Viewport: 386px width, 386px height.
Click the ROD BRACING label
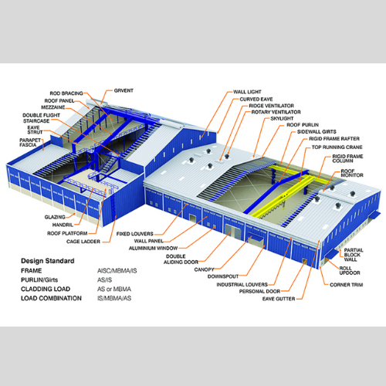(x=66, y=93)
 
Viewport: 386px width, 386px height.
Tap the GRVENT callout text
(x=124, y=90)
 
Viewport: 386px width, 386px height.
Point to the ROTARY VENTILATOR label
(x=276, y=112)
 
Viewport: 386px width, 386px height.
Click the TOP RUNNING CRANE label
(x=337, y=147)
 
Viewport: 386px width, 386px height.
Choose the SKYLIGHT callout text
(x=282, y=118)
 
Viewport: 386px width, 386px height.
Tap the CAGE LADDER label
(x=83, y=242)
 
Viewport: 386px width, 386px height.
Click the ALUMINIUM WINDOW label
(x=153, y=248)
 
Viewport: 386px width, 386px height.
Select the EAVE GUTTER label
(x=279, y=299)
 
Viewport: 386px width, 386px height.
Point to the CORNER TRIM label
(x=347, y=285)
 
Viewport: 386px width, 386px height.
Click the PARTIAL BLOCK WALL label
(x=354, y=255)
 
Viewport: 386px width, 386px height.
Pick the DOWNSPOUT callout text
(x=223, y=276)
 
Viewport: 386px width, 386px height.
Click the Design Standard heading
(x=48, y=261)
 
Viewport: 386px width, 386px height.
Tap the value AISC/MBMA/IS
(x=117, y=271)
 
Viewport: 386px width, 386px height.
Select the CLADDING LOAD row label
(x=46, y=289)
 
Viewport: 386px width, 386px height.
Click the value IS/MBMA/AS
(x=114, y=298)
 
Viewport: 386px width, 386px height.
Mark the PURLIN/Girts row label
(x=39, y=279)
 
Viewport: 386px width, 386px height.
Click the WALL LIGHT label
(x=247, y=92)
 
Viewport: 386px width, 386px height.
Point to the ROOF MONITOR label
(x=352, y=173)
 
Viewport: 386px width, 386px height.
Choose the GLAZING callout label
(x=55, y=217)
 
